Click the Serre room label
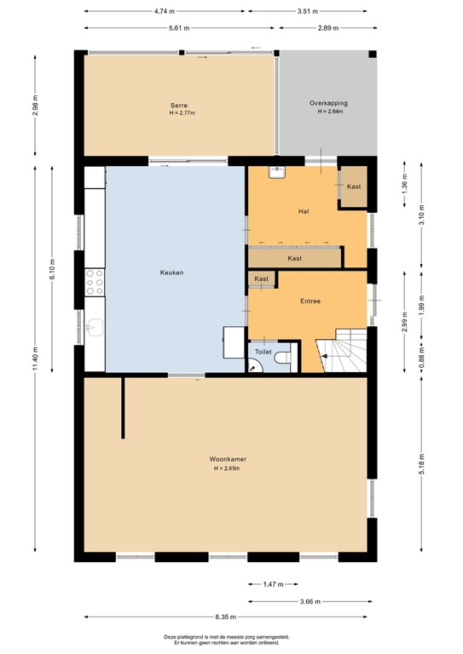click(x=178, y=104)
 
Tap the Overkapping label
click(x=328, y=103)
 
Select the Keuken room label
click(x=171, y=272)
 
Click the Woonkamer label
click(x=228, y=459)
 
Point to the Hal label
click(x=303, y=211)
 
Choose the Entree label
click(x=310, y=301)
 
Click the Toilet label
click(x=263, y=351)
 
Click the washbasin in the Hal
click(x=277, y=172)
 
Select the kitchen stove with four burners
click(x=94, y=282)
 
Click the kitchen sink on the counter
click(x=94, y=326)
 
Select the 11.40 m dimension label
click(x=35, y=359)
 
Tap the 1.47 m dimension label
click(x=272, y=584)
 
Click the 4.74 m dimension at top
click(x=165, y=12)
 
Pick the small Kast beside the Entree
click(x=262, y=279)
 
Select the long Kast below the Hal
click(x=294, y=258)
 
